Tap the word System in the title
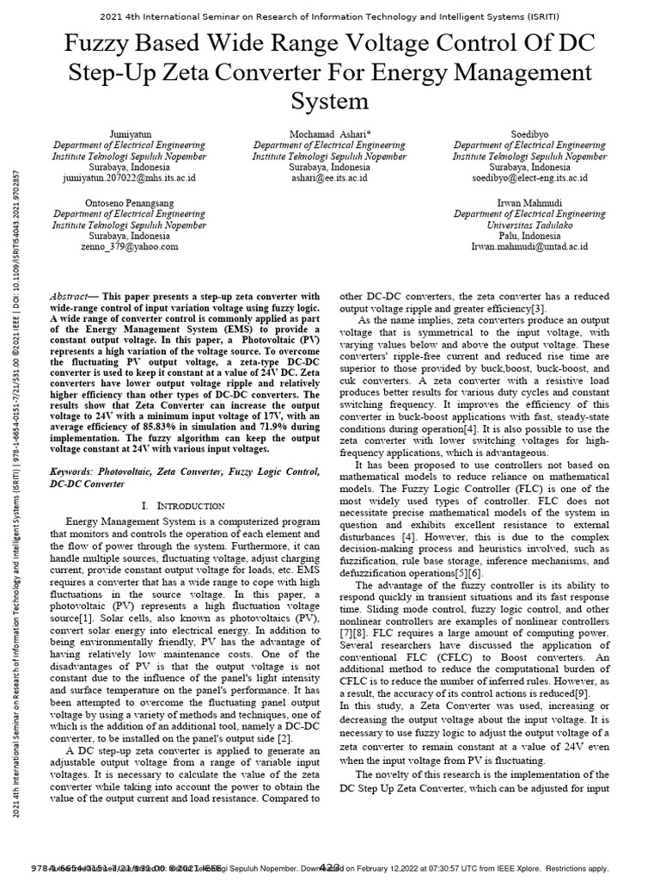pos(329,102)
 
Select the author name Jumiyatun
pos(129,135)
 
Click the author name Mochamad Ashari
pos(329,135)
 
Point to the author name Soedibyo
pos(529,135)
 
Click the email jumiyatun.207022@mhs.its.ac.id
pos(129,178)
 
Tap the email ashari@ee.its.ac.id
pos(329,178)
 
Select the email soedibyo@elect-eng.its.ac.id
pos(529,178)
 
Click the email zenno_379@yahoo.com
pos(129,246)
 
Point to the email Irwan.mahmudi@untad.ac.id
pos(529,246)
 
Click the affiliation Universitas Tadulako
pos(529,225)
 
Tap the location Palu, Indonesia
pos(529,236)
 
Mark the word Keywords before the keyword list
pos(76,472)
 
